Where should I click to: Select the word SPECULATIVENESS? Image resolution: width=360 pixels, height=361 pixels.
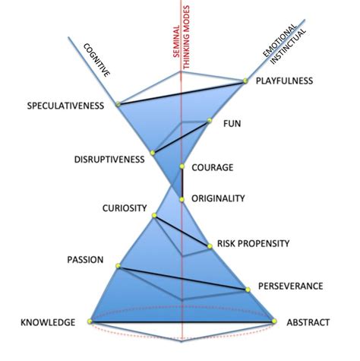click(65, 105)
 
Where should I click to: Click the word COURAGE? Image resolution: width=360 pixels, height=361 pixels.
click(213, 168)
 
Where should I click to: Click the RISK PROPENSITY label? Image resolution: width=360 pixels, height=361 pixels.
click(254, 243)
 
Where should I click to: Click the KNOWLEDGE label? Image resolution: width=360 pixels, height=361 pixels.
click(46, 322)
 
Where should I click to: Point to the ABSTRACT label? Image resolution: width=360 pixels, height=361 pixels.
click(308, 322)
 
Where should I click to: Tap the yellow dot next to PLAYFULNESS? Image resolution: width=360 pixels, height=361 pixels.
click(246, 81)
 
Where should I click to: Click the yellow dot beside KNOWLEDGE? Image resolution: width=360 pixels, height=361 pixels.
click(90, 322)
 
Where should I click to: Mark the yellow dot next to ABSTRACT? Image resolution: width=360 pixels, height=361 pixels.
click(277, 322)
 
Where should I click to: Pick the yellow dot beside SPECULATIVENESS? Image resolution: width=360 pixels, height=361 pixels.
click(118, 104)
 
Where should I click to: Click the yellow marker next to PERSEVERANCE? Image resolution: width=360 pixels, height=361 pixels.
click(248, 289)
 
